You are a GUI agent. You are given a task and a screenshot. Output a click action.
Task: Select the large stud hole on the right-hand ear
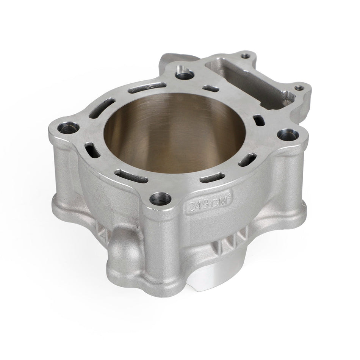tap(283, 134)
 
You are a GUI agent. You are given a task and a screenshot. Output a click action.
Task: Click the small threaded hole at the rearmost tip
tap(247, 56)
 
